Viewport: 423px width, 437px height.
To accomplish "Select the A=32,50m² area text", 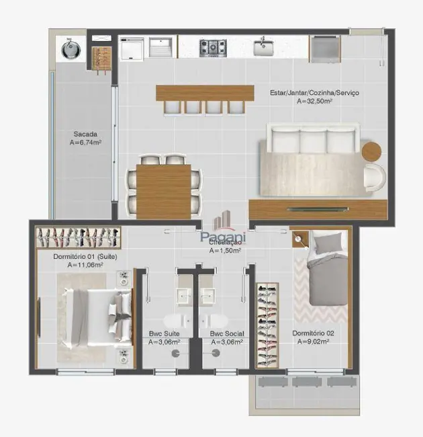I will [x=317, y=102].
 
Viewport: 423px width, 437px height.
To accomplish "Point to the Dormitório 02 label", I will [x=314, y=333].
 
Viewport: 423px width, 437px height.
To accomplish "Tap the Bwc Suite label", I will [x=164, y=333].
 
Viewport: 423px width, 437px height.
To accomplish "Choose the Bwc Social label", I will [x=226, y=333].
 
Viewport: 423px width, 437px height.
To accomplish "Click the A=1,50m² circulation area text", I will [x=224, y=251].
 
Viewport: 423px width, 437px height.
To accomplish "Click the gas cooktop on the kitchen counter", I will [x=212, y=48].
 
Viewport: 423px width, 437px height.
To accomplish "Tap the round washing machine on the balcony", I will [x=70, y=48].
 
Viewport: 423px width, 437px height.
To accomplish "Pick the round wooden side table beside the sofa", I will [x=371, y=151].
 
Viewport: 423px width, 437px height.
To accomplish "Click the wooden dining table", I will [x=164, y=191].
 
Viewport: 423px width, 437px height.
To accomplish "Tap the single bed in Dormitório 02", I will [x=327, y=269].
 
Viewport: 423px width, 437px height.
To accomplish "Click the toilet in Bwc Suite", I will [x=165, y=321].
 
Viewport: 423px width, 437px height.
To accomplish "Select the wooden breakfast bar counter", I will [x=205, y=93].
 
